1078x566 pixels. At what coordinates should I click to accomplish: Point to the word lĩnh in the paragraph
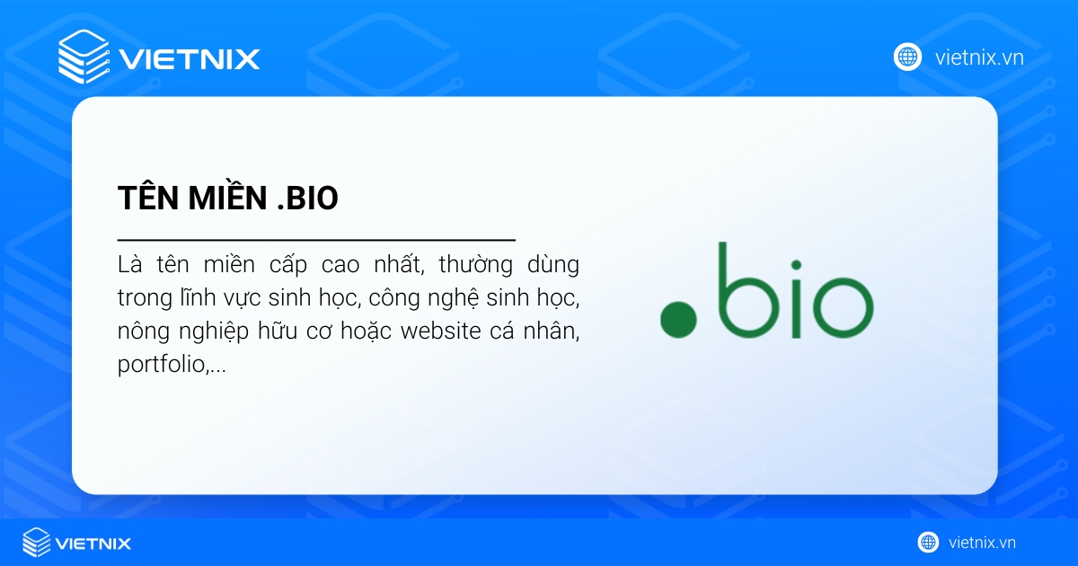(204, 298)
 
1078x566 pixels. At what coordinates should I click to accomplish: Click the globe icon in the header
(907, 57)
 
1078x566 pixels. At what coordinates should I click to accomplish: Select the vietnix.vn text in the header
(979, 57)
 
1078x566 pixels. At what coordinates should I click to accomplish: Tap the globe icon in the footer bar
(928, 542)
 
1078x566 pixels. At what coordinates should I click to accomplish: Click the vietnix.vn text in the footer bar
(982, 543)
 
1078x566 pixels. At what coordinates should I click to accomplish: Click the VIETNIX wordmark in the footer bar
(93, 543)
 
